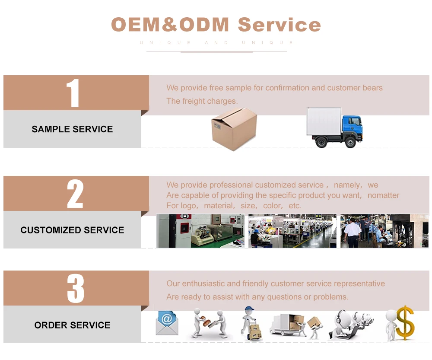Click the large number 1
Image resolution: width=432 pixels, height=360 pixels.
pyautogui.click(x=73, y=93)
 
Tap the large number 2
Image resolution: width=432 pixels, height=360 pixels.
pyautogui.click(x=75, y=194)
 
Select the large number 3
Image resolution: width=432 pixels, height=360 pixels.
pyautogui.click(x=75, y=289)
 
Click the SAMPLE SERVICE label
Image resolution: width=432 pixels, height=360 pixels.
pyautogui.click(x=72, y=129)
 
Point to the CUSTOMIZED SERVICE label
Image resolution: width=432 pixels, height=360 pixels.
pyautogui.click(x=72, y=230)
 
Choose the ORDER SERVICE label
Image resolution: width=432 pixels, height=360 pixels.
pyautogui.click(x=72, y=325)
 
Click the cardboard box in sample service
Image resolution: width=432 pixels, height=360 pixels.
pyautogui.click(x=234, y=129)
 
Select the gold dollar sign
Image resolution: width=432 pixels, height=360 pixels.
pyautogui.click(x=405, y=323)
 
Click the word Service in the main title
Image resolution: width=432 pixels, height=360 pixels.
pyautogui.click(x=279, y=25)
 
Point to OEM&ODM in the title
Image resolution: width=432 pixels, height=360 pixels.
pyautogui.click(x=170, y=25)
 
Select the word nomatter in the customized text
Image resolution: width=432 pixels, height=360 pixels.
pyautogui.click(x=383, y=195)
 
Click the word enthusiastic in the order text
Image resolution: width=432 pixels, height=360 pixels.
pyautogui.click(x=203, y=284)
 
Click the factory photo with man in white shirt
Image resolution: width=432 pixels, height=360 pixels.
pyautogui.click(x=384, y=231)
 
